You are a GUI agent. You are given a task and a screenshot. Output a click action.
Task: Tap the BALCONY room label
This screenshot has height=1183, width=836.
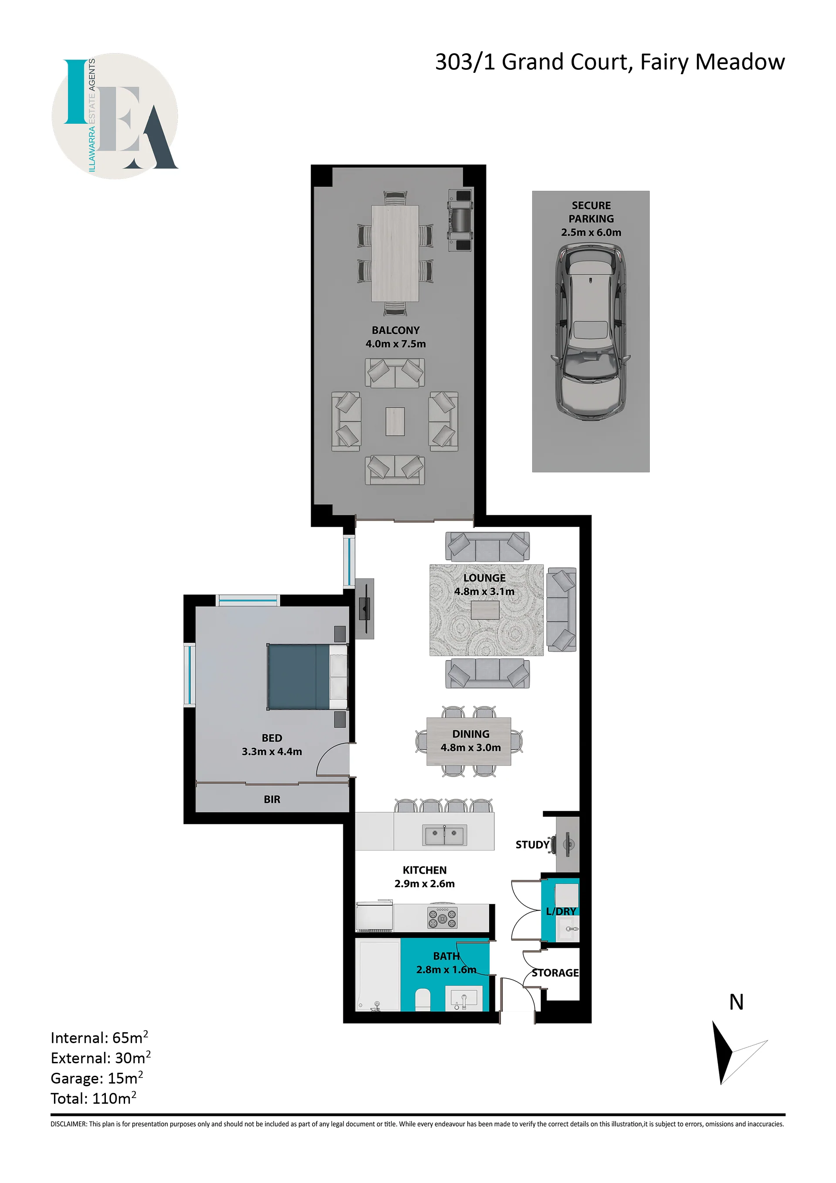(x=396, y=330)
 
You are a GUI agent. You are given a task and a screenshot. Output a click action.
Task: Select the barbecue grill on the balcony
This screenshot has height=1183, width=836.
(x=460, y=220)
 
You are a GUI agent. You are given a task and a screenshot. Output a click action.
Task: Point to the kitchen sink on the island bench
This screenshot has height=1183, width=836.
(x=444, y=835)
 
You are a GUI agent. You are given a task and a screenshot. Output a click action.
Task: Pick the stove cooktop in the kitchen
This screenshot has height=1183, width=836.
(x=442, y=918)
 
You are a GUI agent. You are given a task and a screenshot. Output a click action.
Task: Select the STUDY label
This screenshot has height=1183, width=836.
(x=532, y=845)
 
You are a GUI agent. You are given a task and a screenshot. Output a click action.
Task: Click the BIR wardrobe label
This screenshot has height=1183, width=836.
(x=272, y=799)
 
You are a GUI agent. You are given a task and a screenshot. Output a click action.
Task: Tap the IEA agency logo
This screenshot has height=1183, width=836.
(x=115, y=116)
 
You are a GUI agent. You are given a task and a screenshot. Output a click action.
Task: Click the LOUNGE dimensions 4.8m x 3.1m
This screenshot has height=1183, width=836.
(x=484, y=592)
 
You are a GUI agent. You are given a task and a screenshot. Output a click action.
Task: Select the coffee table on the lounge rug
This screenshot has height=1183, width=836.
(x=485, y=610)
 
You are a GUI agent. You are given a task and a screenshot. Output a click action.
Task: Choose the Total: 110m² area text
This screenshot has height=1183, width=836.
(x=93, y=1098)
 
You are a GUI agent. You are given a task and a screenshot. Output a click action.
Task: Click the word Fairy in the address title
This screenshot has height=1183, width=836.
(x=664, y=62)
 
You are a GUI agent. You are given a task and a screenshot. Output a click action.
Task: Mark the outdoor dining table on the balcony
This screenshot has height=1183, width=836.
(x=395, y=254)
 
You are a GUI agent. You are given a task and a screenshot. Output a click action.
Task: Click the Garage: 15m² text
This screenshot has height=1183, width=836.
(x=97, y=1078)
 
